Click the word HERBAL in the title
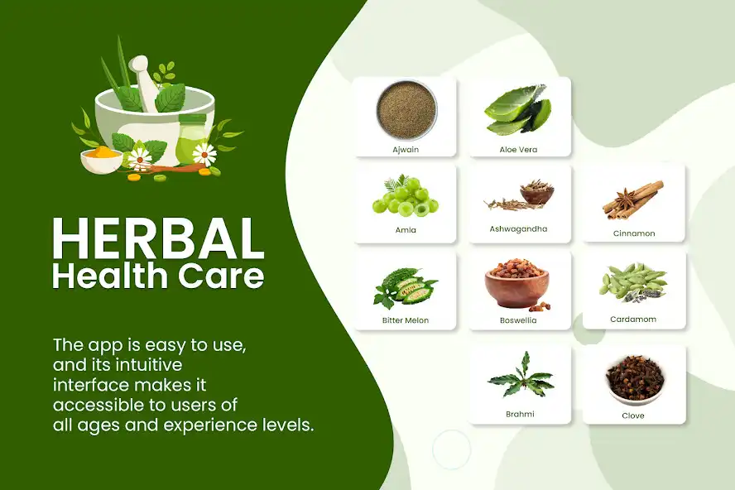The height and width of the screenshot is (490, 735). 158,239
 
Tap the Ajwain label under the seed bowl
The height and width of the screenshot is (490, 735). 406,150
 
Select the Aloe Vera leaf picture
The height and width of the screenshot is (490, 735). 519,109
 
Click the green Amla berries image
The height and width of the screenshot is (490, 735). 405,196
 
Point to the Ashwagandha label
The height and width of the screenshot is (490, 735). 519,228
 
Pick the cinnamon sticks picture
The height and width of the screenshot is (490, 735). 633,199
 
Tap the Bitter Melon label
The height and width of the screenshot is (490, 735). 406,320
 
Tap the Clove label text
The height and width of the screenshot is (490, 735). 633,416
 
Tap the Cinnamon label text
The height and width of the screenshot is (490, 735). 634,233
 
